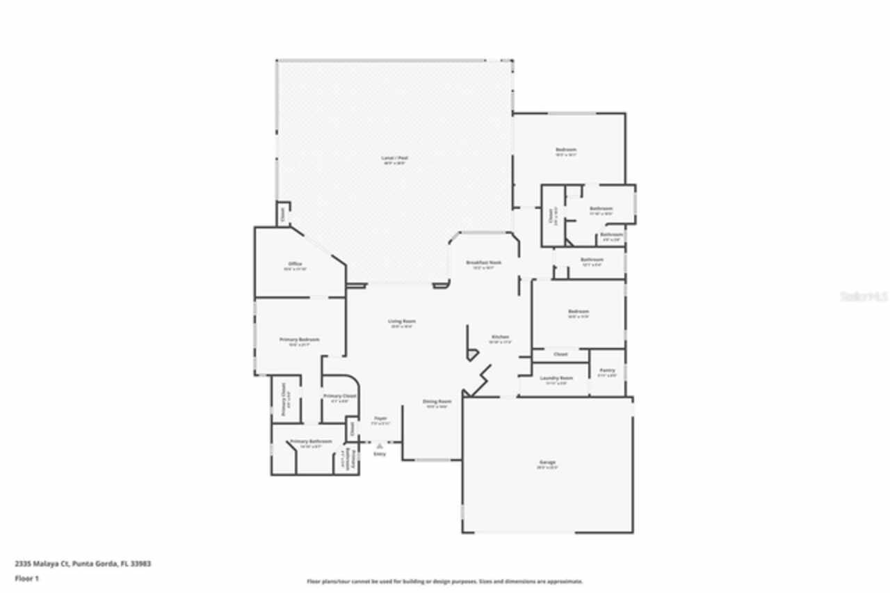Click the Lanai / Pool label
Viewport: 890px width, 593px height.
point(394,158)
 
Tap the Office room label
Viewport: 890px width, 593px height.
point(295,264)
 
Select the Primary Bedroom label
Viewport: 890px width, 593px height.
point(300,340)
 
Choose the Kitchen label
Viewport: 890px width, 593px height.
point(501,337)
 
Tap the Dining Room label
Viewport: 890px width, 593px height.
point(437,402)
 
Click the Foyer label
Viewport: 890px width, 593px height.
point(380,418)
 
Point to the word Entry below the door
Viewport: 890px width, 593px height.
point(380,454)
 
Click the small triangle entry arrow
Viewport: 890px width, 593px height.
point(380,446)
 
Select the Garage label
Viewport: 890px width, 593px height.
point(547,462)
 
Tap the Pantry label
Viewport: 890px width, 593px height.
point(607,370)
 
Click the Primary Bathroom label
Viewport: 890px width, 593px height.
point(311,441)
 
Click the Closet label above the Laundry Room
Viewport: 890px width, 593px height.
point(560,354)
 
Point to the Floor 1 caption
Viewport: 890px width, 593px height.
point(26,578)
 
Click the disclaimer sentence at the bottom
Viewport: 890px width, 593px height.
point(445,581)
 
